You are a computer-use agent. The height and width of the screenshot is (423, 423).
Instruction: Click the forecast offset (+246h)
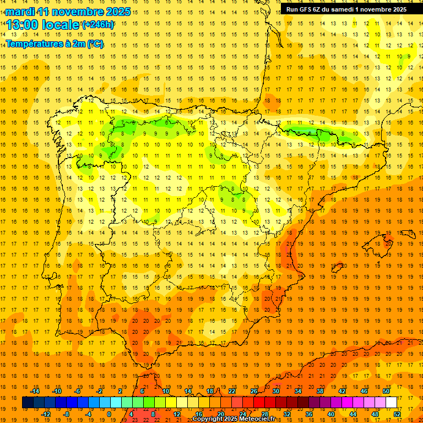pyautogui.click(x=98, y=24)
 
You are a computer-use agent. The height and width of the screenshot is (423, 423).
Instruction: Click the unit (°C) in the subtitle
pyautogui.click(x=95, y=44)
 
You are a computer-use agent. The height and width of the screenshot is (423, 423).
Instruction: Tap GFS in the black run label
pyautogui.click(x=308, y=9)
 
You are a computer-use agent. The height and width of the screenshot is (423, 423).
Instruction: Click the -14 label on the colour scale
pyautogui.click(x=35, y=391)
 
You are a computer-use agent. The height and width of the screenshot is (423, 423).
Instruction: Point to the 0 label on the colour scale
pyautogui.click(x=109, y=414)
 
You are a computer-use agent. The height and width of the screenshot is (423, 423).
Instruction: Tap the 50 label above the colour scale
pyautogui.click(x=386, y=391)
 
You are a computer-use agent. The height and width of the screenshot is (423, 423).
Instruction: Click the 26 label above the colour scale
pyautogui.click(x=253, y=391)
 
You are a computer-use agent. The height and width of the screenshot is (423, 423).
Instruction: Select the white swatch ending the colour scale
pyautogui.click(x=391, y=403)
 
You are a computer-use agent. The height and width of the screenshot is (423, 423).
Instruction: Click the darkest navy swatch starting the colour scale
pyautogui.click(x=28, y=403)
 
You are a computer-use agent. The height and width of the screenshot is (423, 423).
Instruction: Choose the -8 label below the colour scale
pyautogui.click(x=67, y=414)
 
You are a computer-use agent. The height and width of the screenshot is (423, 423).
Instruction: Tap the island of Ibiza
pyautogui.click(x=337, y=268)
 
